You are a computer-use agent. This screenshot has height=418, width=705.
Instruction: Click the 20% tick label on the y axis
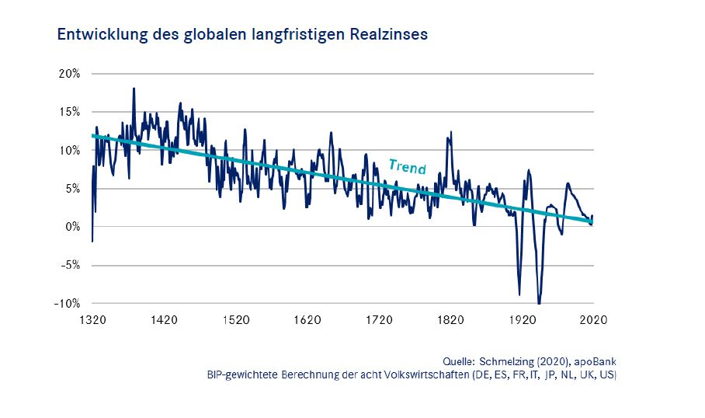69,74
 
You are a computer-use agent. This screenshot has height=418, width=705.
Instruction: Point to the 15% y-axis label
69,112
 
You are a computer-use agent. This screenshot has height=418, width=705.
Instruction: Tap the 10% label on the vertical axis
69,150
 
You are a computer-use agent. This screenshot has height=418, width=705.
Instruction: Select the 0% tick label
72,227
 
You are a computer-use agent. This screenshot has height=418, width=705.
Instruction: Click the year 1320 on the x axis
92,319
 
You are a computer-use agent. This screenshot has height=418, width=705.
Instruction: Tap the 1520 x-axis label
235,319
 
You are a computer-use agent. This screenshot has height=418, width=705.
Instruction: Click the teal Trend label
407,166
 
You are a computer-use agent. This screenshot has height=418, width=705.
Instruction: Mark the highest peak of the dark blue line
134,89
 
